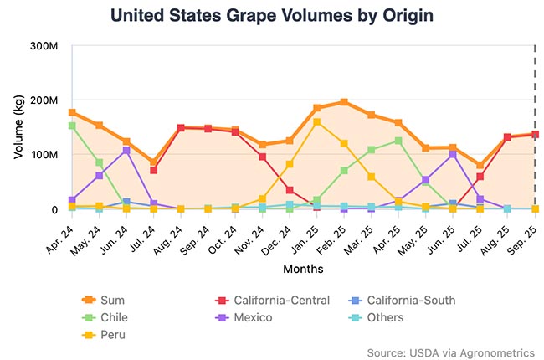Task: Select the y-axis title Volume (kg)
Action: [18, 127]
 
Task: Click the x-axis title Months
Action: [302, 270]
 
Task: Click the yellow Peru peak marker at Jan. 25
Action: [317, 122]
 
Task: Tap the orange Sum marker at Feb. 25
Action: [344, 102]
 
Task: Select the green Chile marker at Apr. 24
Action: [73, 126]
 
